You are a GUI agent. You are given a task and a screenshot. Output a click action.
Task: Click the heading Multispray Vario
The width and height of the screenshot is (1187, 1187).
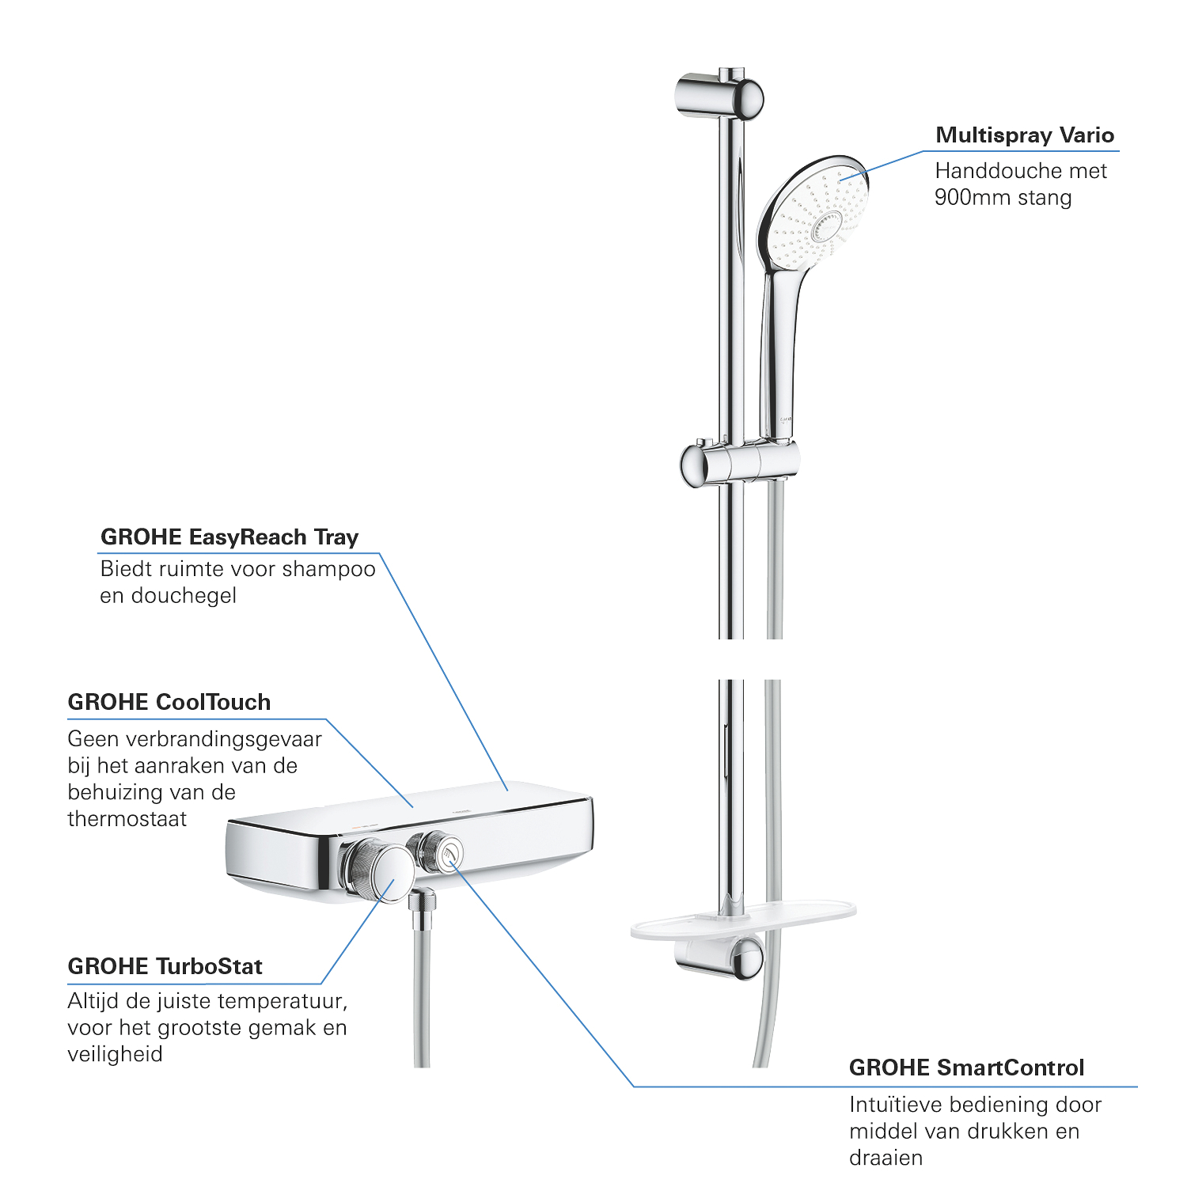pyautogui.click(x=1025, y=135)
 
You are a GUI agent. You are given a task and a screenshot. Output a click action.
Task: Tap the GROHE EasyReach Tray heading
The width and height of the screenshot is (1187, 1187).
pyautogui.click(x=229, y=537)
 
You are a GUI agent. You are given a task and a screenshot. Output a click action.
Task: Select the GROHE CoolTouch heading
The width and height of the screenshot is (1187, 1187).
pyautogui.click(x=169, y=702)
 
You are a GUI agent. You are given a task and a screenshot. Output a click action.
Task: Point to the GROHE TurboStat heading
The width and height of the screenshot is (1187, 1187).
pyautogui.click(x=165, y=966)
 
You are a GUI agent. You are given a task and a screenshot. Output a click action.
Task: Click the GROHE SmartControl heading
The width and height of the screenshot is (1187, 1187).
pyautogui.click(x=966, y=1068)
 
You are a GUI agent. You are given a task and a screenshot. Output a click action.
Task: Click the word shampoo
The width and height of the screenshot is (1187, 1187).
pyautogui.click(x=328, y=569)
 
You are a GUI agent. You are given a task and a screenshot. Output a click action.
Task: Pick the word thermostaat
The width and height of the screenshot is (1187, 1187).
pyautogui.click(x=127, y=819)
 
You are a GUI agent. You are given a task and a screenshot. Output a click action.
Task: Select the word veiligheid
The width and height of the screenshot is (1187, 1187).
pyautogui.click(x=116, y=1055)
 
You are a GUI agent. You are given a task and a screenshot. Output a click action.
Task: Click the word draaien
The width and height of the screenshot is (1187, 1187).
pyautogui.click(x=886, y=1158)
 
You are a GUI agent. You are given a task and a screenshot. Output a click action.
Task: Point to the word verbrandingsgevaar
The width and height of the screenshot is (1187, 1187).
pyautogui.click(x=195, y=739)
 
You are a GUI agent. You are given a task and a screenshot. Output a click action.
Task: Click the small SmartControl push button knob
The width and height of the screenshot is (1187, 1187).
pyautogui.click(x=439, y=853)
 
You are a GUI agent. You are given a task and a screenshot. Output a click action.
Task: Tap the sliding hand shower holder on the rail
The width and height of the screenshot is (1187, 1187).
pyautogui.click(x=739, y=462)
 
